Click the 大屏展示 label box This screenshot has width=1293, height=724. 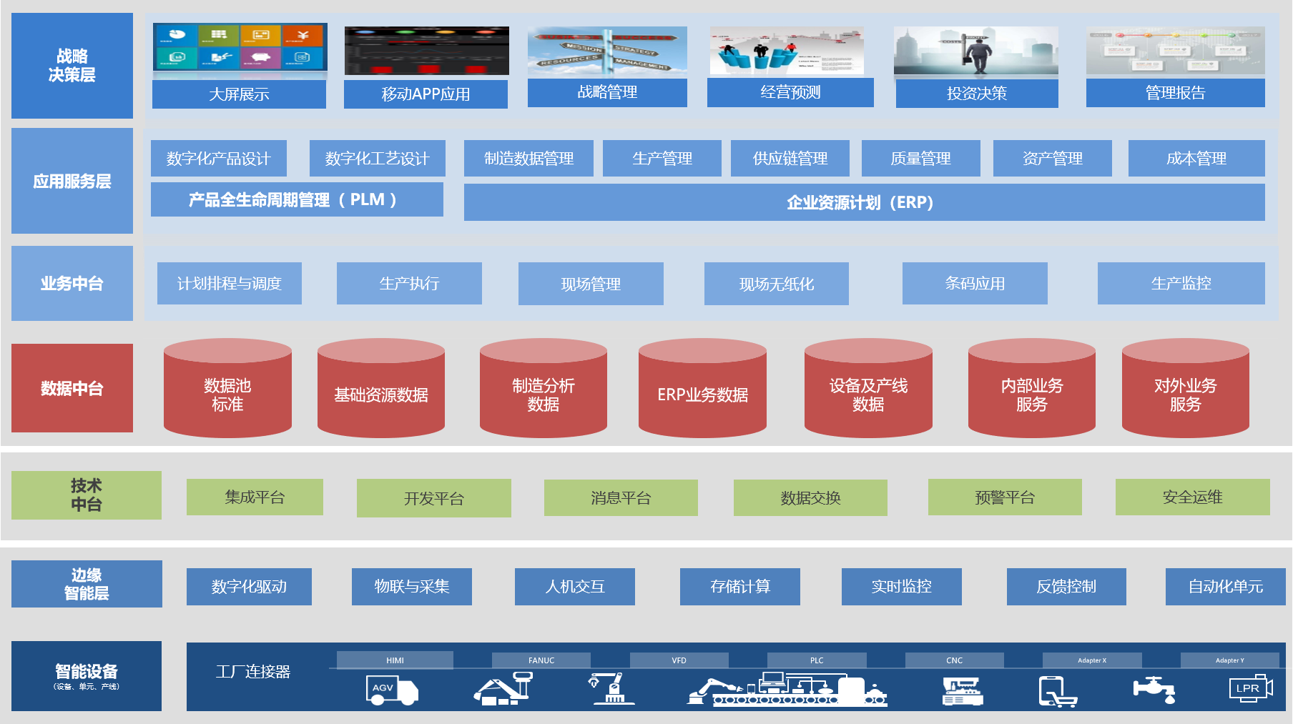pyautogui.click(x=239, y=94)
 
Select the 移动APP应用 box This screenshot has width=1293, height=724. pyautogui.click(x=426, y=94)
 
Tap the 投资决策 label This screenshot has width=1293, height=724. pyautogui.click(x=977, y=93)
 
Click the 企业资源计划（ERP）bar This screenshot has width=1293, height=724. pyautogui.click(x=864, y=202)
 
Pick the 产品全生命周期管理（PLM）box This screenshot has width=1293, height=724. pyautogui.click(x=297, y=199)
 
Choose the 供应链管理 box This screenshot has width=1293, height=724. pyautogui.click(x=790, y=158)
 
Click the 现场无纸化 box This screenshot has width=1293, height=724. pyautogui.click(x=776, y=284)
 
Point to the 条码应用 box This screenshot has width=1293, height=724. pyautogui.click(x=975, y=283)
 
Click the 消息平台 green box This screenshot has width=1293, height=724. pyautogui.click(x=621, y=497)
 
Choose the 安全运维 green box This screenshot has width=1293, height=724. pyautogui.click(x=1192, y=497)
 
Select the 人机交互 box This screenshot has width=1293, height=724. pyautogui.click(x=574, y=586)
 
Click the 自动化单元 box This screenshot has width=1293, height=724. pyautogui.click(x=1225, y=586)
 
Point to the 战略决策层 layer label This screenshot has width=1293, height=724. pyautogui.click(x=72, y=66)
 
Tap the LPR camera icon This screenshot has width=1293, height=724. pyautogui.click(x=1250, y=688)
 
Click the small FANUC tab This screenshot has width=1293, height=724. pyautogui.click(x=541, y=660)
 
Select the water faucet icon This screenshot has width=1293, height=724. pyautogui.click(x=1154, y=689)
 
